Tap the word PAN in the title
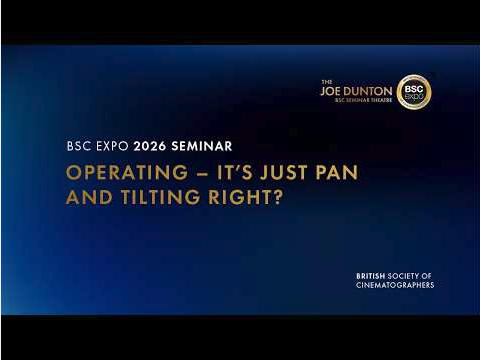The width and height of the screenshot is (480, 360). pyautogui.click(x=336, y=172)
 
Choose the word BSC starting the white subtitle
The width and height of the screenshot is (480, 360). pyautogui.click(x=78, y=145)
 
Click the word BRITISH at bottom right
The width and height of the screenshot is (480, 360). pyautogui.click(x=375, y=276)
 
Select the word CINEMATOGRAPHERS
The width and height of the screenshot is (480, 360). pyautogui.click(x=395, y=286)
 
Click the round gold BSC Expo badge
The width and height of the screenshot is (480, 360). pyautogui.click(x=413, y=92)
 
